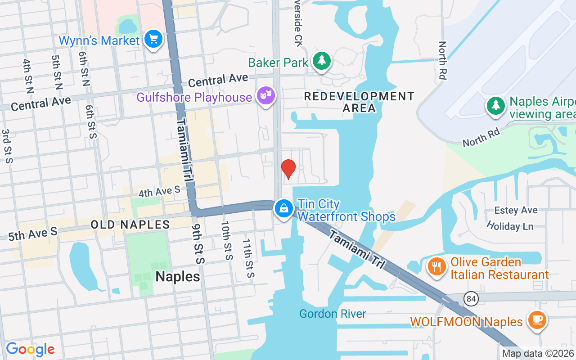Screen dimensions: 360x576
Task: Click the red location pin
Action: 288,169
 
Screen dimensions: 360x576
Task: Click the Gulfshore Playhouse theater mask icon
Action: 265,95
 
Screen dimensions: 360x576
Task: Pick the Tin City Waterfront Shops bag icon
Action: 284,208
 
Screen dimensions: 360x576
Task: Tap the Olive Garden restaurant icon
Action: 436,267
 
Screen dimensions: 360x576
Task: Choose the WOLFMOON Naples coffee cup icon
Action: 537,320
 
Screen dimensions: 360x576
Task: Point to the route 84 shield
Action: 471,298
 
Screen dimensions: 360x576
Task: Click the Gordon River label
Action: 333,314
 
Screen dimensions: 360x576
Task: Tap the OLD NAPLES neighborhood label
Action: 130,225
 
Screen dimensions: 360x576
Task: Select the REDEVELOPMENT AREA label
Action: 359,102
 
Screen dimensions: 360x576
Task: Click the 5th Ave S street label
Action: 33,234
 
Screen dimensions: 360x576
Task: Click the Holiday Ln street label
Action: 510,226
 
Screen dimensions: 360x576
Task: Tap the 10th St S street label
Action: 227,240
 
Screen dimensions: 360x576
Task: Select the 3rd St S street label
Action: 6,146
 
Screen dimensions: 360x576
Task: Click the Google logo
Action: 30,349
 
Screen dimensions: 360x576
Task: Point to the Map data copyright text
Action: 538,354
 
